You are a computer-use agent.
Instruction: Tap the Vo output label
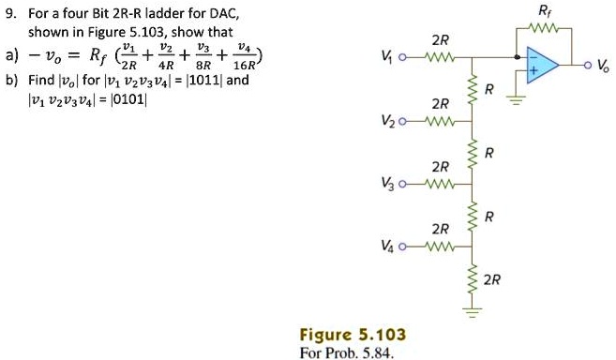coord(603,67)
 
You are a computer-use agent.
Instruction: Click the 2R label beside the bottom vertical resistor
coord(493,279)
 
